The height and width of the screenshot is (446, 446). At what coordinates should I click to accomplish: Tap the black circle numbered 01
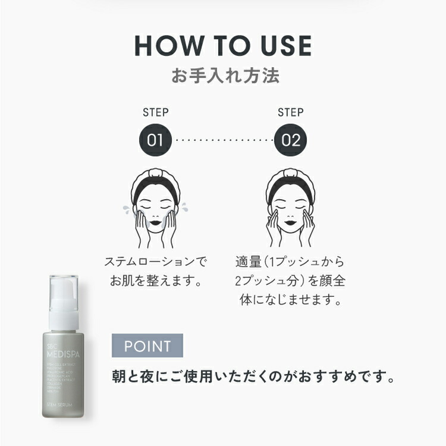point(155,140)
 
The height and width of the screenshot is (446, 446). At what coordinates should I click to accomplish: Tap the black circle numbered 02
point(291,140)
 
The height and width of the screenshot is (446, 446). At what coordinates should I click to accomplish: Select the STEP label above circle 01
point(156,112)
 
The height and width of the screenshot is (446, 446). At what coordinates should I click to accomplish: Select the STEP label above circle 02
point(291,112)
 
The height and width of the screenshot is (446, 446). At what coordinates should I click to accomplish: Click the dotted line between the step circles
point(223,141)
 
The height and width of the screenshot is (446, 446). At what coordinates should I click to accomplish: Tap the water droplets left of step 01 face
point(126,209)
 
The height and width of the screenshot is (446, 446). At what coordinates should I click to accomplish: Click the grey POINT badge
point(147,346)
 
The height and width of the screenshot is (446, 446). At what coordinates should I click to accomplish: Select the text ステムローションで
point(156,261)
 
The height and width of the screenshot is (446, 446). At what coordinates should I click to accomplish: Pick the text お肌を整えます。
point(156,280)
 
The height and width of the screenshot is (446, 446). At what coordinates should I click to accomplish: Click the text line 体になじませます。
point(291,299)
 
